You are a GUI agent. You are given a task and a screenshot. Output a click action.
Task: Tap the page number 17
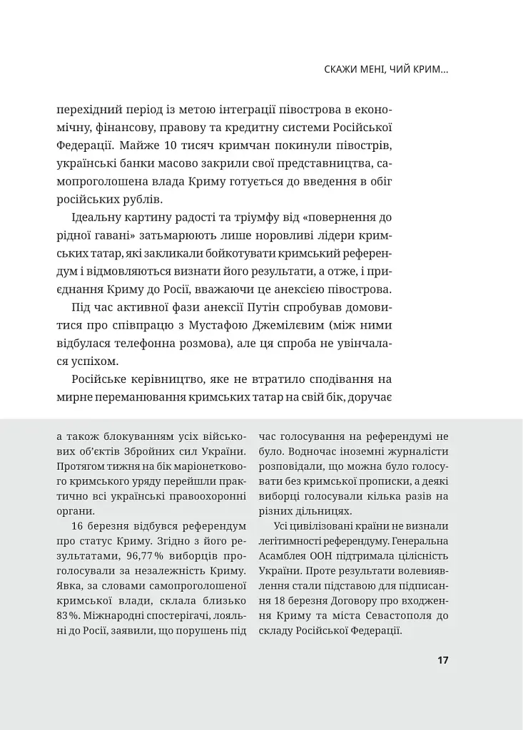pyautogui.click(x=442, y=659)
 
